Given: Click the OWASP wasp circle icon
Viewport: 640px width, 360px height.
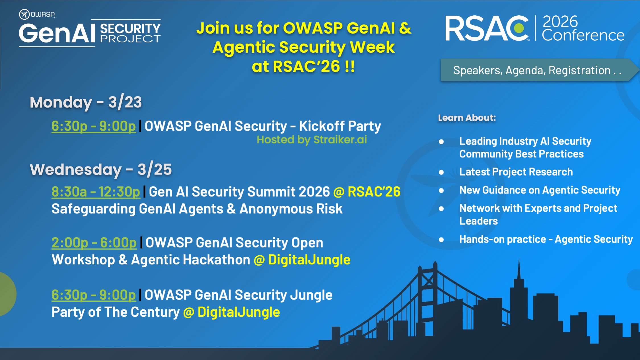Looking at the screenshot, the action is (x=24, y=14).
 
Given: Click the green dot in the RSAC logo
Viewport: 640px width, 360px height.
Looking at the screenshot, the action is (x=519, y=28).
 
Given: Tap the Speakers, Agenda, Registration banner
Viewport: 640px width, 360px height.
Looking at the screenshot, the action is (x=538, y=70).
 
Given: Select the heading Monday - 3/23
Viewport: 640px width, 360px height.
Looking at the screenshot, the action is (x=86, y=102).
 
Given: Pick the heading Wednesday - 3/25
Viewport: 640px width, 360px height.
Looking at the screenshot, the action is (x=101, y=170).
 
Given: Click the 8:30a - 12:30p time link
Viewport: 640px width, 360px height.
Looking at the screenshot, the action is (x=96, y=192).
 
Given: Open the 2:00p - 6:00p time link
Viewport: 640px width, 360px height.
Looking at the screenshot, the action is (x=94, y=243).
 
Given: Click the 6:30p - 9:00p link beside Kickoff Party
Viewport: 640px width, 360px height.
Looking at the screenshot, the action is (x=93, y=126).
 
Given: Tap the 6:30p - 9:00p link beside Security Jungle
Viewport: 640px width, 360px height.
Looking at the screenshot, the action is (x=93, y=295).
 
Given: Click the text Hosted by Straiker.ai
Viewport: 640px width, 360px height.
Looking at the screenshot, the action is (x=312, y=140).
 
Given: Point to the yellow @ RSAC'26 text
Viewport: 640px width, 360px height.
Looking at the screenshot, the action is (x=367, y=192).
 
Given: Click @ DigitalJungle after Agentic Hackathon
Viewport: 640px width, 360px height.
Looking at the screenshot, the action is (x=302, y=260).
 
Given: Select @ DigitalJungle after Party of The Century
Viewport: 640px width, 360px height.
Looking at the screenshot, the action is (x=232, y=312).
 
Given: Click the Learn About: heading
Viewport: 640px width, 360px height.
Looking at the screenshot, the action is (x=467, y=118).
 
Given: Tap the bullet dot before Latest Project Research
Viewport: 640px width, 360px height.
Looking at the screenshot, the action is (x=441, y=172).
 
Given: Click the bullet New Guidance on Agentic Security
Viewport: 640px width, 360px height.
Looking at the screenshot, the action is (x=540, y=190).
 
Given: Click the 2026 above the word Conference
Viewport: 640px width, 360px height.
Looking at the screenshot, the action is (x=560, y=22).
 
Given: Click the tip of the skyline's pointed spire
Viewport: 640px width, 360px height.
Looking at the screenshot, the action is (x=519, y=259).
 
